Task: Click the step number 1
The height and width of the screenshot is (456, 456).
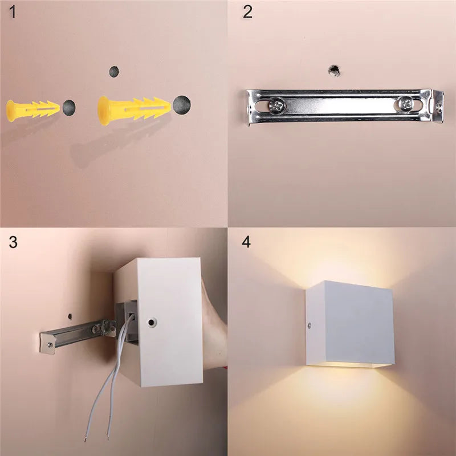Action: [x=12, y=12]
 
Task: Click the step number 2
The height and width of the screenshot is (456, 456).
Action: [x=247, y=12]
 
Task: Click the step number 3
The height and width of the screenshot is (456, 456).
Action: [x=13, y=242]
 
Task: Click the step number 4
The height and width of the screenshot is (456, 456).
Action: [x=246, y=242]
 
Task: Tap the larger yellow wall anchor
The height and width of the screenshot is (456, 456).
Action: [x=134, y=111]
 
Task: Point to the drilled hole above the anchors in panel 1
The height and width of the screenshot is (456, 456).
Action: [x=114, y=72]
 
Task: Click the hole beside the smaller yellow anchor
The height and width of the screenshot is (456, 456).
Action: [x=69, y=108]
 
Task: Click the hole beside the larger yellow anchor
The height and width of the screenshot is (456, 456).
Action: [x=182, y=105]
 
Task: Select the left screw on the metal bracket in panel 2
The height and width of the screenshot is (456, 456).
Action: [x=277, y=105]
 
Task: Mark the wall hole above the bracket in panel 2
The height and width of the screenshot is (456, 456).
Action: [x=334, y=70]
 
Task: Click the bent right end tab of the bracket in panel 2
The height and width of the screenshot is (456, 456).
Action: [x=437, y=106]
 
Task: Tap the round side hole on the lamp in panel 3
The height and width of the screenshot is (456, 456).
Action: [x=151, y=322]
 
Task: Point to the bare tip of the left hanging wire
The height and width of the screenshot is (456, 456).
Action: [x=85, y=438]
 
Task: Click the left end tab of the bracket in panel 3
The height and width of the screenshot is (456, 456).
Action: [x=47, y=344]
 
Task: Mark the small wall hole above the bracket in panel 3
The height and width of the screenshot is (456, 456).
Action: [x=70, y=316]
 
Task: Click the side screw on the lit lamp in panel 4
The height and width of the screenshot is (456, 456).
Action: [x=309, y=325]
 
